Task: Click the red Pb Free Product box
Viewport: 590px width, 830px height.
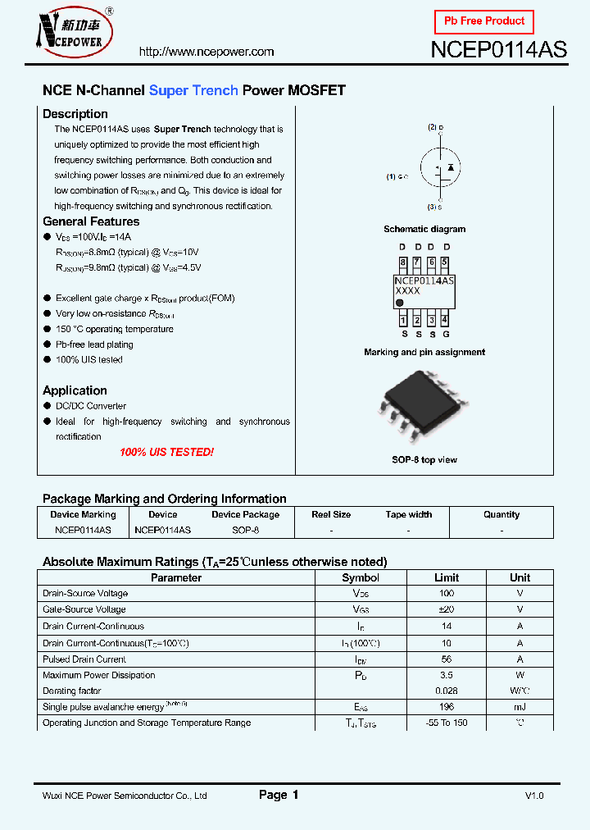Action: (483, 21)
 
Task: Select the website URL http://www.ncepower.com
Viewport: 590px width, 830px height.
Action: (206, 52)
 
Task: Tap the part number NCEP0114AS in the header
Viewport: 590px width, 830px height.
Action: (498, 49)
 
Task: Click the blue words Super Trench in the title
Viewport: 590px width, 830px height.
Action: (193, 90)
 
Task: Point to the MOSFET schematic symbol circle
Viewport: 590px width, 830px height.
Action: (440, 167)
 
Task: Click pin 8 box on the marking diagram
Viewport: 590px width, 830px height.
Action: (402, 263)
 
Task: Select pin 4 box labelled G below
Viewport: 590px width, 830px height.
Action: (445, 321)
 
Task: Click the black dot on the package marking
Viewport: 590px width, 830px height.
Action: (401, 303)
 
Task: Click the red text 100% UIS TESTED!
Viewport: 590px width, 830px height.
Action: (166, 452)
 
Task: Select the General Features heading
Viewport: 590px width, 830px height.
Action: (91, 221)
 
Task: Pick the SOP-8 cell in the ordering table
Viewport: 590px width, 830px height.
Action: (245, 531)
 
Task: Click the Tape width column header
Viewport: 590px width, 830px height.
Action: (408, 515)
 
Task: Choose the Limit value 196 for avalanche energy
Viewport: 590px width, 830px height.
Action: (447, 707)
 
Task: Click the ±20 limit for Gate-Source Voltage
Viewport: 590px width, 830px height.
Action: (447, 609)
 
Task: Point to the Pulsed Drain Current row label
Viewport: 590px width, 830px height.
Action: (84, 659)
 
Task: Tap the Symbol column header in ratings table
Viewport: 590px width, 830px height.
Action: (361, 577)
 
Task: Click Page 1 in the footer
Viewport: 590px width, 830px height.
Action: (279, 795)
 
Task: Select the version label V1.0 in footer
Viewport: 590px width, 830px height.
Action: (534, 796)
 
